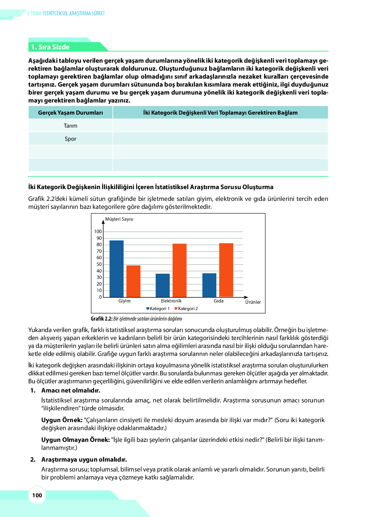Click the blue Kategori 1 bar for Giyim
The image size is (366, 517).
coord(116,269)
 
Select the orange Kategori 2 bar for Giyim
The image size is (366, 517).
coord(133,281)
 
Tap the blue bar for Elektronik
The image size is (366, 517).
coord(163,285)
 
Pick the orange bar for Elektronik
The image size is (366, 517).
coord(180,270)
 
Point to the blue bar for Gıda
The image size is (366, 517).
coord(209,285)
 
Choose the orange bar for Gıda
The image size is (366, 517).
coord(226,270)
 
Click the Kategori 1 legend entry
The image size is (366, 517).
coord(158,308)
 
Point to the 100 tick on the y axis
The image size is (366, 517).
coord(98,231)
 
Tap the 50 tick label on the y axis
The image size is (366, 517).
coord(99,264)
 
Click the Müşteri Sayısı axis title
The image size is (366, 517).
coord(119,219)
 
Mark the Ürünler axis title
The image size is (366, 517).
coord(253,302)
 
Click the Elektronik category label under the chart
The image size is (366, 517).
coord(171,301)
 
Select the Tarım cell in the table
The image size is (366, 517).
coord(71,126)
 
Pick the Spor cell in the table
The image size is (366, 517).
coord(71,139)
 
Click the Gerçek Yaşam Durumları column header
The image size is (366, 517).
coord(71,113)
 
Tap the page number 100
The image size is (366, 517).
coord(37,495)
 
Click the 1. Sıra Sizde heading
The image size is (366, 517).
coord(50,47)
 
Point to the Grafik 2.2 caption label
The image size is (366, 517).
coord(102,319)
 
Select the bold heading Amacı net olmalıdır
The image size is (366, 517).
coord(71,390)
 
